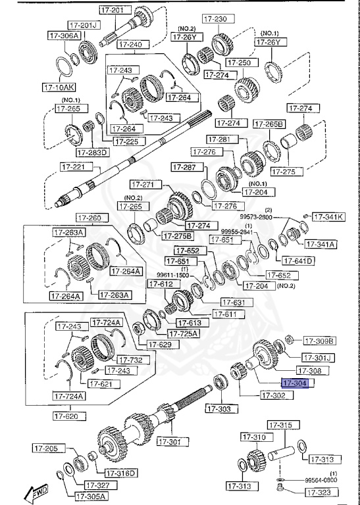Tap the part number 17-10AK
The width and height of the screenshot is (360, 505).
pyautogui.click(x=59, y=86)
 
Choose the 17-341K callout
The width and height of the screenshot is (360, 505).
pyautogui.click(x=328, y=216)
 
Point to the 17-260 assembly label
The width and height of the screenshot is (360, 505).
pyautogui.click(x=89, y=218)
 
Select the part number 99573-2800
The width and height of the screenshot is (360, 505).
pyautogui.click(x=257, y=216)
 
